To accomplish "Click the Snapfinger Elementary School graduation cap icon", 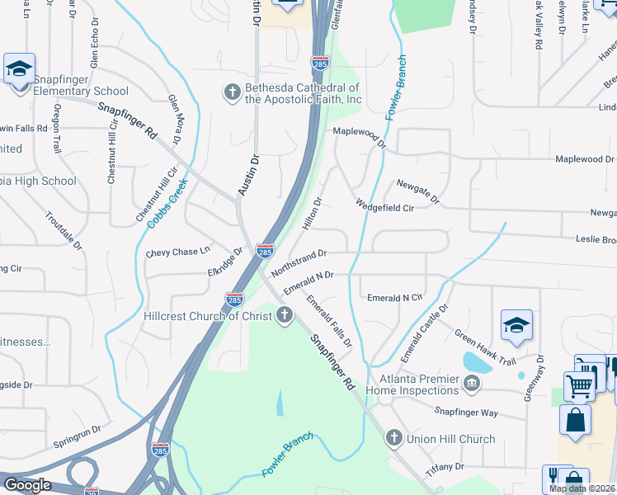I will (19, 68).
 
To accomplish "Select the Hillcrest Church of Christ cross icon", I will (285, 315).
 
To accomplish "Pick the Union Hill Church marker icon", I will (394, 438).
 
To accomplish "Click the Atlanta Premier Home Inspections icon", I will (472, 382).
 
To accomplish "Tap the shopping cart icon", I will (579, 384).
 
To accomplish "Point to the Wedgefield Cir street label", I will (384, 205).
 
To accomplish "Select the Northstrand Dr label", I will (299, 260).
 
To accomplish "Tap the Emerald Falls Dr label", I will (329, 321).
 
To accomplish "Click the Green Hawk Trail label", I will (485, 348).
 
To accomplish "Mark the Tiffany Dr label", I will (446, 467).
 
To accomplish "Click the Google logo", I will (28, 484).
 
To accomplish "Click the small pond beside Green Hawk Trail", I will (475, 361).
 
